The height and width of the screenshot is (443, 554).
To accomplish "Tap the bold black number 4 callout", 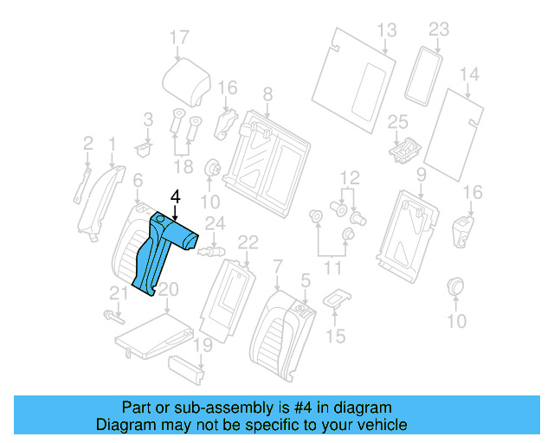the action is point(175,196).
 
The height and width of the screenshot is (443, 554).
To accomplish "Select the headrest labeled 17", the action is point(187,83).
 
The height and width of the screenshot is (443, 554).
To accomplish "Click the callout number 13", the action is point(387,30).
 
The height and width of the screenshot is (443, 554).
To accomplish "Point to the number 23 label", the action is point(439,29).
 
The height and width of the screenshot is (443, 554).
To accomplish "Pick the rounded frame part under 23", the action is point(423,76).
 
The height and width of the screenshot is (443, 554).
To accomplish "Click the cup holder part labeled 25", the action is point(406,151).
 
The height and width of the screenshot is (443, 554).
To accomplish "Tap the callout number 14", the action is point(469,74).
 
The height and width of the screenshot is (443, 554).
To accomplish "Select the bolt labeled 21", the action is point(114,317).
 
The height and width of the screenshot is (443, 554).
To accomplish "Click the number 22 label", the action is point(248,242).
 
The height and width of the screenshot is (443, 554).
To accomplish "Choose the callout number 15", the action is point(335,336).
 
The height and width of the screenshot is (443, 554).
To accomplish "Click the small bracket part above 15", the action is point(337,299).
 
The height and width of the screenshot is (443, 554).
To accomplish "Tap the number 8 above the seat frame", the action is point(267,94).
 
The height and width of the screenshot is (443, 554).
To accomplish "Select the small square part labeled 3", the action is point(144,150).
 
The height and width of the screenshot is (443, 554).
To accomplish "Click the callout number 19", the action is point(203,345).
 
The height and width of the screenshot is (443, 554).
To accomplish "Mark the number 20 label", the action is point(168,290).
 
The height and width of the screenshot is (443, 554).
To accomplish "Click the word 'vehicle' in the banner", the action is point(385,425).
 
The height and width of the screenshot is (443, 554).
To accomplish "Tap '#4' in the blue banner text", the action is point(303,408).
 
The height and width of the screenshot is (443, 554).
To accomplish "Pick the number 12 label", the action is point(350,178).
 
